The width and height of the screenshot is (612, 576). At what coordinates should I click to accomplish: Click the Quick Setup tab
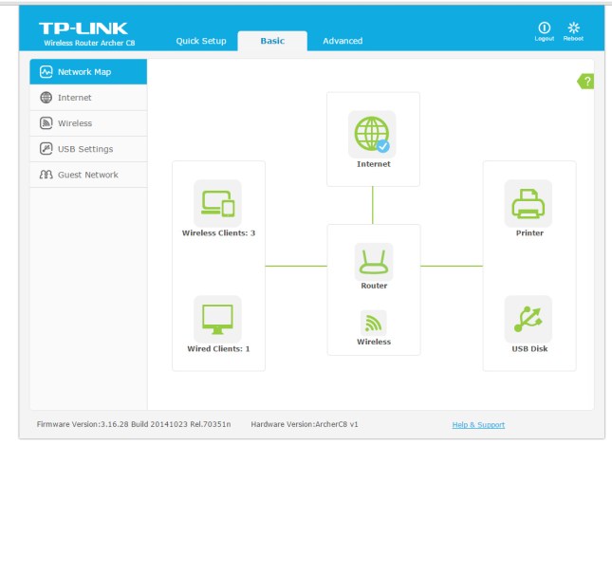[201, 41]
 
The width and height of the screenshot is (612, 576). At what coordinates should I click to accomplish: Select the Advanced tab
[343, 41]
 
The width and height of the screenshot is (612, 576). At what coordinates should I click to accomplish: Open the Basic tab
[272, 41]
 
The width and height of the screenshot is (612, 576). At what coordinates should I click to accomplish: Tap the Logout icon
[545, 30]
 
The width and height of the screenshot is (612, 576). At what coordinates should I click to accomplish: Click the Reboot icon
[573, 30]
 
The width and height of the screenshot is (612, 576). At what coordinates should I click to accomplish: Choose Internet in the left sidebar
[74, 98]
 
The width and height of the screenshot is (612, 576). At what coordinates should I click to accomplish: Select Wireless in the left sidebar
[74, 123]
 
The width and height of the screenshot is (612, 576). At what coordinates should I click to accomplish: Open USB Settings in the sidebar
[84, 149]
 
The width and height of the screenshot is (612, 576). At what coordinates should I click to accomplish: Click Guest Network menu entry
[87, 175]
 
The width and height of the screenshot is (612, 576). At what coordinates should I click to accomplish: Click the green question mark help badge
[586, 82]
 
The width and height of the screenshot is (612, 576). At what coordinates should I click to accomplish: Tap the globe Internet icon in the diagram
[372, 134]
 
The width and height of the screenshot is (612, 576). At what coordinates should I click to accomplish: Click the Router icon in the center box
[373, 261]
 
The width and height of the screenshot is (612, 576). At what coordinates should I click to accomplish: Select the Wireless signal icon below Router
[373, 323]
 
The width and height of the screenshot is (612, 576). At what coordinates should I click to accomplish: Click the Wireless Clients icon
[217, 203]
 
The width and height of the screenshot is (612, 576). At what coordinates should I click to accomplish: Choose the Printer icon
[529, 203]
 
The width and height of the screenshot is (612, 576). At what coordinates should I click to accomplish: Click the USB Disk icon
[529, 319]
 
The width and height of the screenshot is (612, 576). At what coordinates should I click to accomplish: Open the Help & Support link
[478, 424]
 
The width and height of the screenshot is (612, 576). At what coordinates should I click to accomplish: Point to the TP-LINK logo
[83, 28]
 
